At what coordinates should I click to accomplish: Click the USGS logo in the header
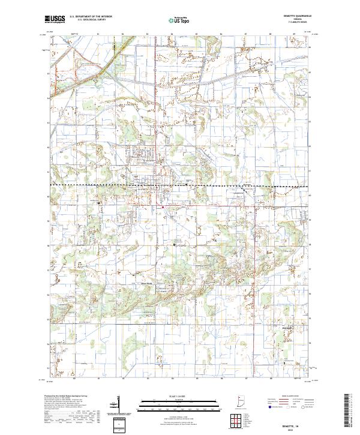(x=55, y=19)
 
